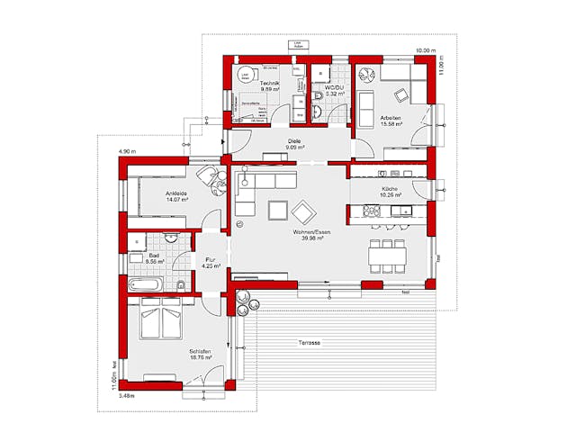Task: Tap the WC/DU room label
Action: (x=325, y=85)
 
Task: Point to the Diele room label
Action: (x=293, y=141)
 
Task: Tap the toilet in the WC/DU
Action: (x=319, y=109)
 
